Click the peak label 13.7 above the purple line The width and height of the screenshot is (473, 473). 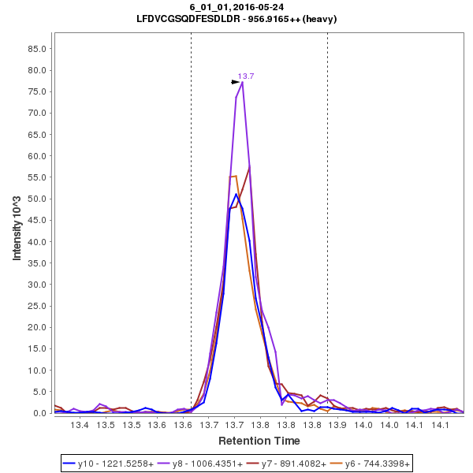(x=246, y=76)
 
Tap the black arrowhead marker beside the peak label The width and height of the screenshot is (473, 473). (x=235, y=81)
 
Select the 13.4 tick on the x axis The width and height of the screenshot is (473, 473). (x=80, y=425)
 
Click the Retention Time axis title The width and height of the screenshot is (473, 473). (x=259, y=440)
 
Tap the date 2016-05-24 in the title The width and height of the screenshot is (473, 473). (x=258, y=7)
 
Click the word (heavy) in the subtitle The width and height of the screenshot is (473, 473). (x=320, y=19)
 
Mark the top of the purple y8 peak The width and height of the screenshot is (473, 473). (x=242, y=82)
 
